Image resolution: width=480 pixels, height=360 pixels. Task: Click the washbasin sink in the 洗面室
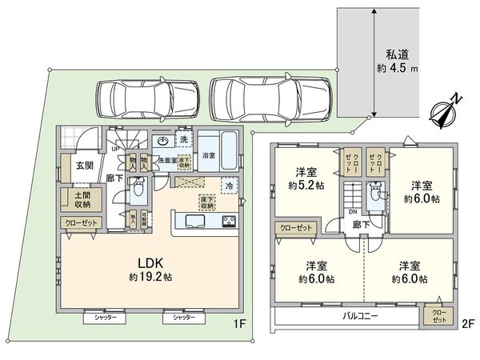(163, 142)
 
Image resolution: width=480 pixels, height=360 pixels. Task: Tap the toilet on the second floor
(374, 192)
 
